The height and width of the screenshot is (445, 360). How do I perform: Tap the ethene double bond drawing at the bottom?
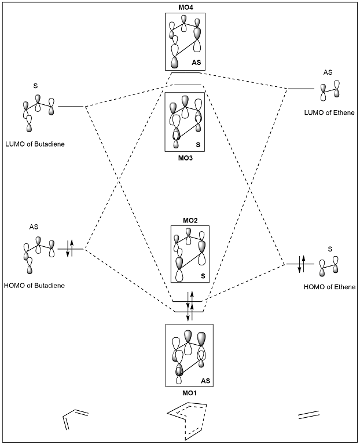(307, 416)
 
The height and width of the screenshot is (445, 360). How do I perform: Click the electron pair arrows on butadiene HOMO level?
(70, 249)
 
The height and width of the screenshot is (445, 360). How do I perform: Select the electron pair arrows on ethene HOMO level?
(300, 264)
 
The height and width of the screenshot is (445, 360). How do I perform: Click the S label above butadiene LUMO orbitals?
(35, 86)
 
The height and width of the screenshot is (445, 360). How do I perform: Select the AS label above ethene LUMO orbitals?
(328, 72)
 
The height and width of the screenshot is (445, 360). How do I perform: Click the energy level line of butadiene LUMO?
(71, 107)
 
